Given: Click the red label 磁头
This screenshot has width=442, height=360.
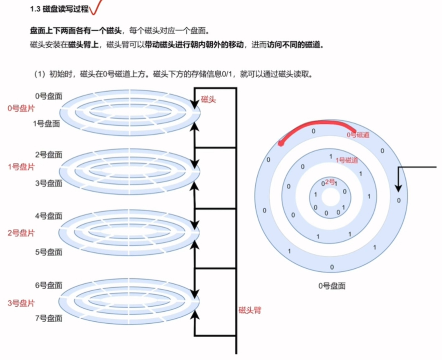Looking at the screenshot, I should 208,100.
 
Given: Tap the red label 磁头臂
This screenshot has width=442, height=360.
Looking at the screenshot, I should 250,310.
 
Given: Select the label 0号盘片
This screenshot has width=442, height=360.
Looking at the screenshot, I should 21,109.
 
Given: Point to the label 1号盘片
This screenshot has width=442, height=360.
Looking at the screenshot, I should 21,167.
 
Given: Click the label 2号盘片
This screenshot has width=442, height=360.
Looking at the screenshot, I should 21,233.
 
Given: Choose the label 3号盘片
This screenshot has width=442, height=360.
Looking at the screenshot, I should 21,303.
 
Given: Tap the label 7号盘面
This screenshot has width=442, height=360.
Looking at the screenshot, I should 49,318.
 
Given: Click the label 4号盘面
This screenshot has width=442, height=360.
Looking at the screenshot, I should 49,216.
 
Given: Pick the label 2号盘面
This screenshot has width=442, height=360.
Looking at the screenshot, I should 49,155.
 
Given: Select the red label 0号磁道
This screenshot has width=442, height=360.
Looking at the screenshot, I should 358,135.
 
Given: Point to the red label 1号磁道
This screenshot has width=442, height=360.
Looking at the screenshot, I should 347,160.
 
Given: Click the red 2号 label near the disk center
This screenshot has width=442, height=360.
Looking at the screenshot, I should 330,182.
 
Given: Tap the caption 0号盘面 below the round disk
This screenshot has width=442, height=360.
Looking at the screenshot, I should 331,286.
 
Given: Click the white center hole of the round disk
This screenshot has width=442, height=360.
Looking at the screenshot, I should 331,198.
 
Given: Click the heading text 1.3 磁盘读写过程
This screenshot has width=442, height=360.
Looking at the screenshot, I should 59,9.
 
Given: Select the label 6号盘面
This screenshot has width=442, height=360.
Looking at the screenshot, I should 49,285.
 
